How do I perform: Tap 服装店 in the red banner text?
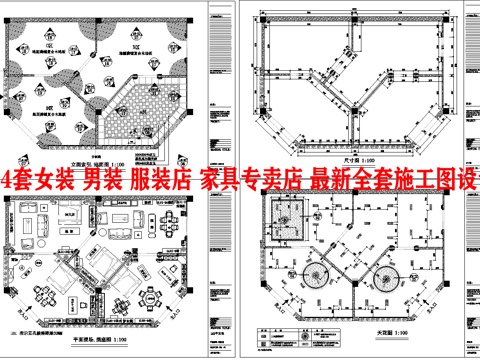pos(165,181)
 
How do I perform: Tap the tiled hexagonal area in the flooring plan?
pos(147,112)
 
